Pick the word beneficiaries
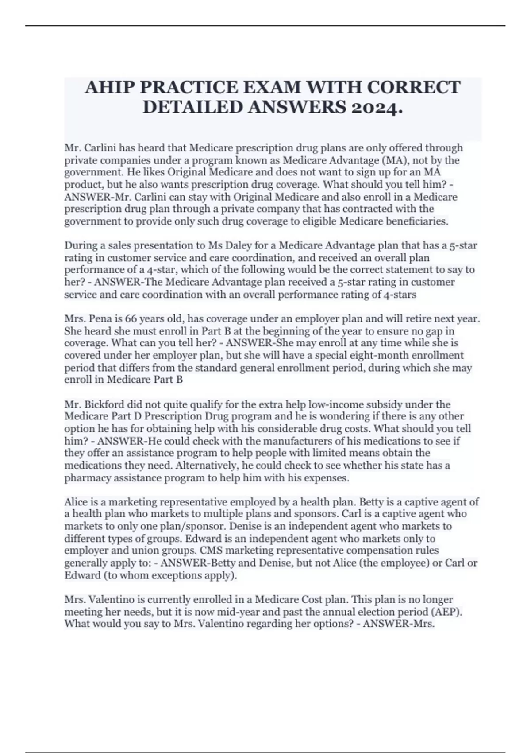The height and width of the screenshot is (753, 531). (x=419, y=221)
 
